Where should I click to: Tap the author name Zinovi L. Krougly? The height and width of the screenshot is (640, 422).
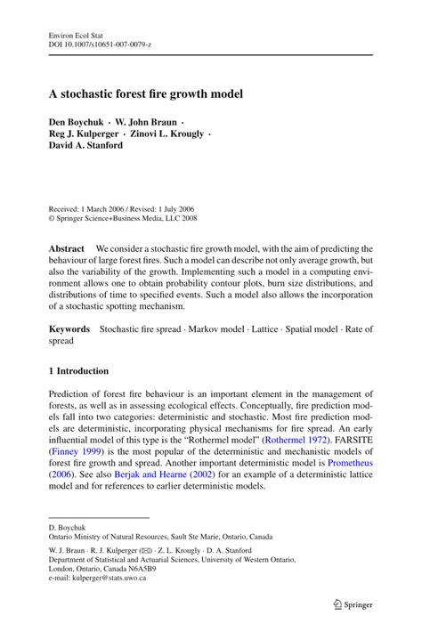pos(170,134)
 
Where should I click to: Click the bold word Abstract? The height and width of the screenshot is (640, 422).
pos(67,248)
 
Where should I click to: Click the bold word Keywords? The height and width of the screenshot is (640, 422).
pos(70,328)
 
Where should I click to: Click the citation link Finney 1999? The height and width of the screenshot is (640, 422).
pos(80,451)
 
